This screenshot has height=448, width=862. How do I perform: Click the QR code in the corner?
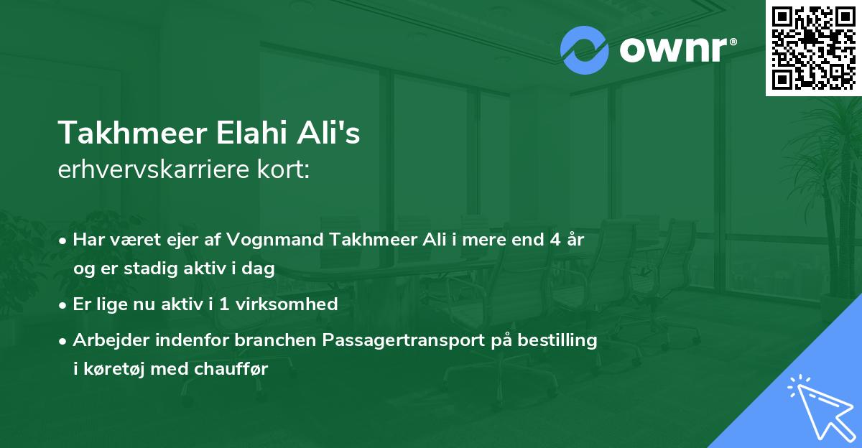coord(812,47)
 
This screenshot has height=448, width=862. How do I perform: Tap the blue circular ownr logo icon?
coord(585,50)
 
